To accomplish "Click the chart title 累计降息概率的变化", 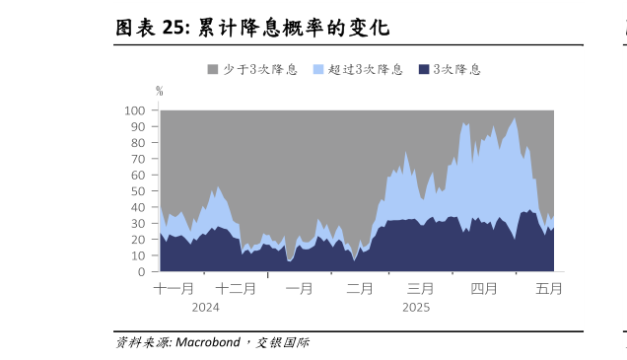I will click(x=293, y=28).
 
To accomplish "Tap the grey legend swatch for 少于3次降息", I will click(x=212, y=70).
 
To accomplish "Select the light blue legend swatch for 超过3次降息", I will click(x=318, y=70).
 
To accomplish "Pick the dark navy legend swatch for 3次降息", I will click(x=424, y=70).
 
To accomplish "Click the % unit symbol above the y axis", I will click(x=159, y=91).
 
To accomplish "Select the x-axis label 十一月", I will click(x=174, y=289).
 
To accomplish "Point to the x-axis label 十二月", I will click(x=236, y=289).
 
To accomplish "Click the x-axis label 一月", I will click(x=300, y=289).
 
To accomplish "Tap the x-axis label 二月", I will click(x=360, y=289).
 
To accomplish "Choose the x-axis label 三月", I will click(x=421, y=289).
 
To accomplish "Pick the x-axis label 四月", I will click(x=483, y=289).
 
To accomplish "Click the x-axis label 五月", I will click(x=549, y=289).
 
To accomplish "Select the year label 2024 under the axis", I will click(x=205, y=307).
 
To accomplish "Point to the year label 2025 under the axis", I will click(x=416, y=307).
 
